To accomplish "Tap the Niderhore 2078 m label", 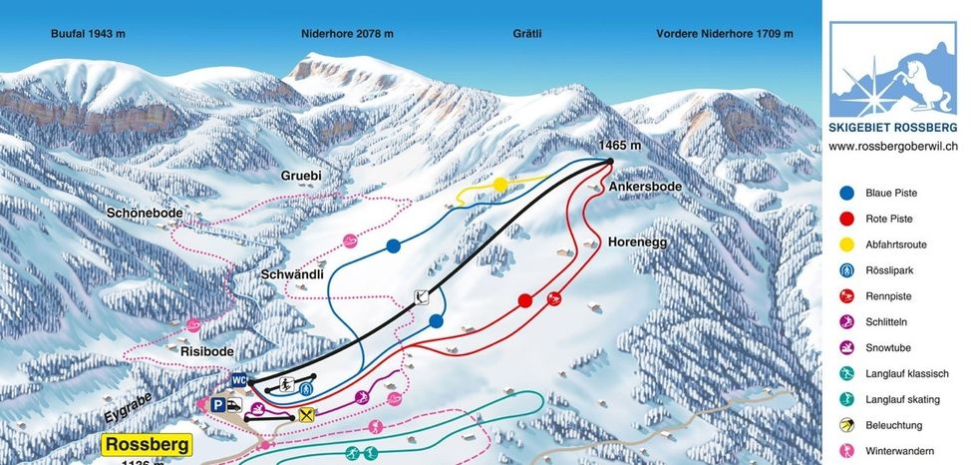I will tap(347, 33).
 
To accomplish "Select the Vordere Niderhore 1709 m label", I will tap(725, 33).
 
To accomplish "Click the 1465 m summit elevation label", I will tap(619, 146).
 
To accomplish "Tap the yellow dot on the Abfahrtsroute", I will tap(499, 185).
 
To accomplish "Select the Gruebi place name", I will tap(300, 175).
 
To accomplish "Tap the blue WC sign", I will tap(239, 380).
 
